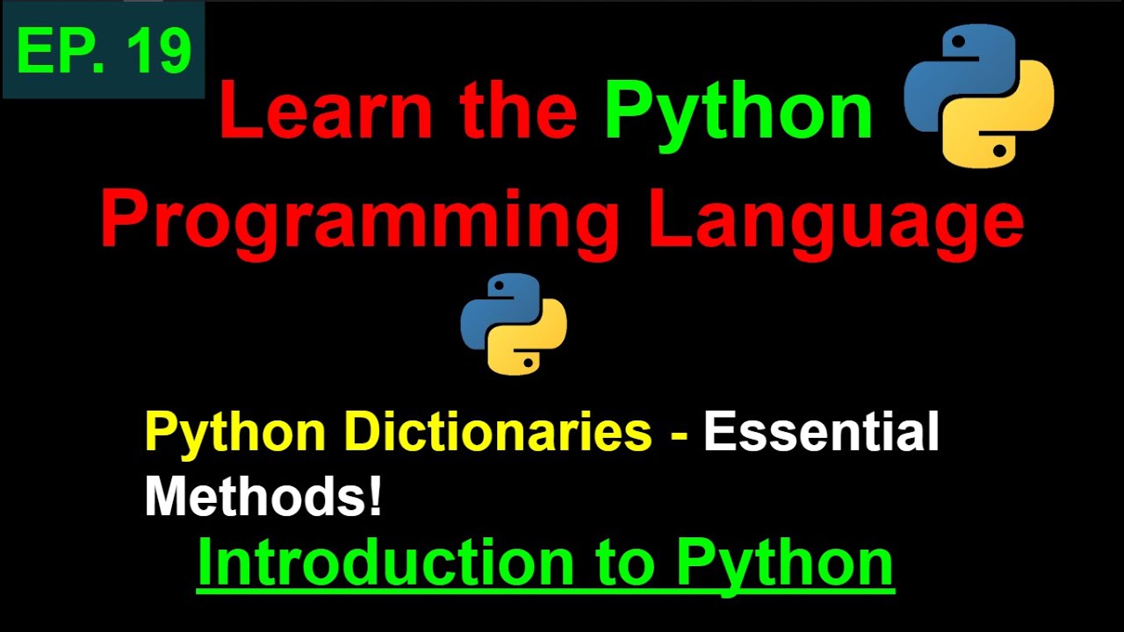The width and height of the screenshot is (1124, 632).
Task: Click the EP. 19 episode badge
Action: pyautogui.click(x=104, y=50)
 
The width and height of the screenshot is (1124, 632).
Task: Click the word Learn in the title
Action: pyautogui.click(x=324, y=111)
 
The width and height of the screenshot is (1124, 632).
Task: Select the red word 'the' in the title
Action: pyautogui.click(x=517, y=111)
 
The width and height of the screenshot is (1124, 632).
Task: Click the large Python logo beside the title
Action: pyautogui.click(x=979, y=96)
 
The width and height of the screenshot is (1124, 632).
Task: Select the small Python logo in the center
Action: pyautogui.click(x=514, y=324)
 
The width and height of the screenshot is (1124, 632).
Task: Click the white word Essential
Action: pyautogui.click(x=821, y=433)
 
